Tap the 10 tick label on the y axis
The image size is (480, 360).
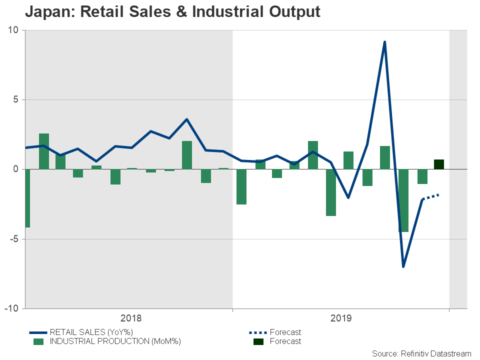(13, 30)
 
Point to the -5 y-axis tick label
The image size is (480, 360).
(13, 239)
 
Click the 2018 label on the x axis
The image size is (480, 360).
(131, 318)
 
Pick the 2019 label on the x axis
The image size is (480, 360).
(341, 318)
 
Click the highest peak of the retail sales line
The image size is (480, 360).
(384, 42)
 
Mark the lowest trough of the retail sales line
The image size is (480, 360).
(403, 266)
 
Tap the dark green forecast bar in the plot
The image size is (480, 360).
(439, 164)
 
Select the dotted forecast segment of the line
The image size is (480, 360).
(430, 196)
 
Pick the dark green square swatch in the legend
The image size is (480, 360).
(257, 341)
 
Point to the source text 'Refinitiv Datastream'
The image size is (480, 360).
(436, 353)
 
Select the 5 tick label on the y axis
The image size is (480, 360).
(15, 99)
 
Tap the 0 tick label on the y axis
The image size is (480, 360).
(15, 169)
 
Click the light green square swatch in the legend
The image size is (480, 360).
(38, 341)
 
